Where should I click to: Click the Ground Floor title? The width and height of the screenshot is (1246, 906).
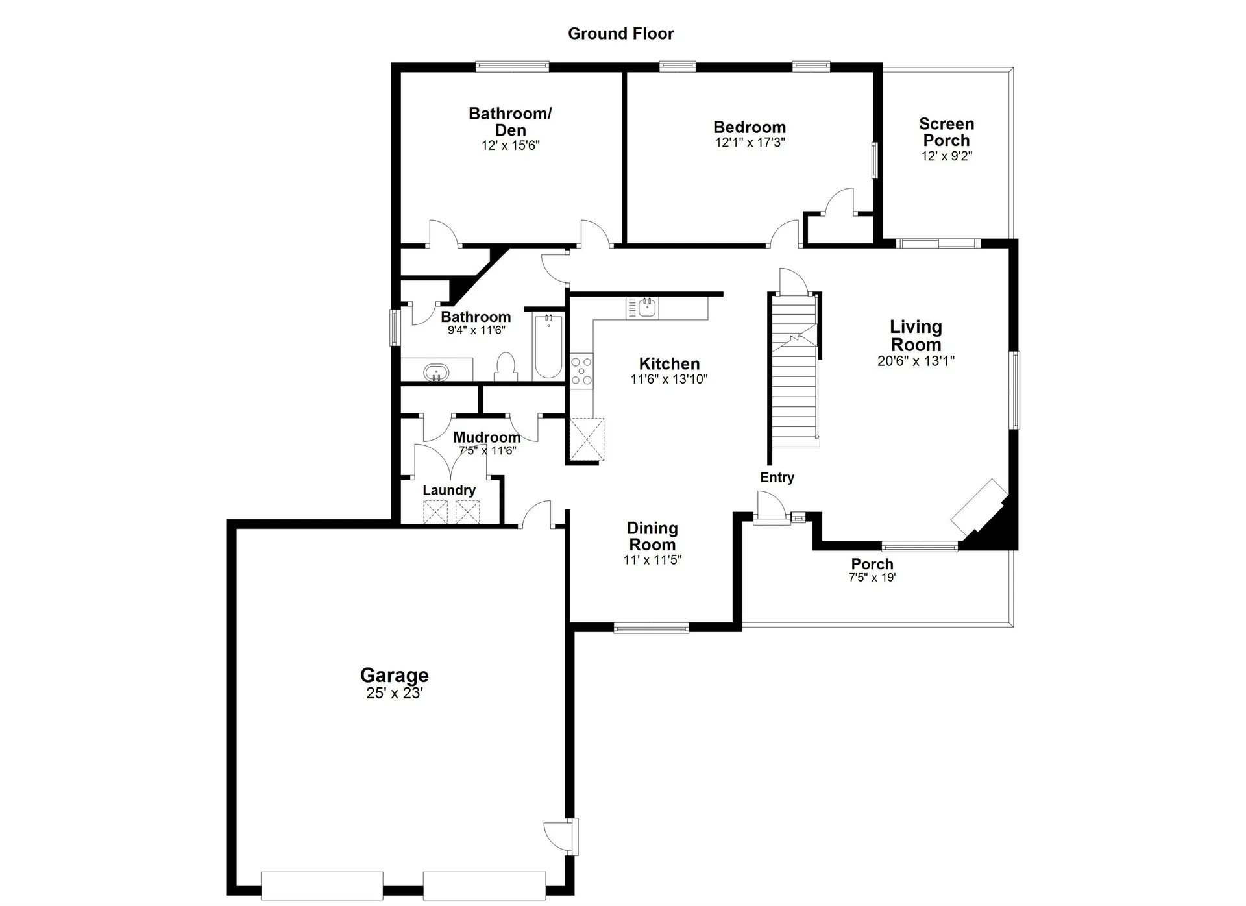[x=620, y=34]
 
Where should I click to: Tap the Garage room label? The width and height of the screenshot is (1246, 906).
[x=394, y=675]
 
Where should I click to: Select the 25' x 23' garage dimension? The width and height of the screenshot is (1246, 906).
[x=394, y=693]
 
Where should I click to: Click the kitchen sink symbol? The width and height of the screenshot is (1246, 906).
[x=645, y=308]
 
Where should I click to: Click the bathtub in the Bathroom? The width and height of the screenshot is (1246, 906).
[x=548, y=346]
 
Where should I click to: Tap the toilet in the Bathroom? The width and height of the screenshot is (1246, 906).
[x=505, y=367]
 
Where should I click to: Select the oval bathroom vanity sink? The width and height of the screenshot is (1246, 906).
[x=436, y=373]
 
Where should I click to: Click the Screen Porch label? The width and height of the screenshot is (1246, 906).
[x=946, y=132]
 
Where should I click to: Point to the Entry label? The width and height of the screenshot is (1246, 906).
[x=777, y=478]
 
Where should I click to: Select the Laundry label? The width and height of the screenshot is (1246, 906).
[x=448, y=491]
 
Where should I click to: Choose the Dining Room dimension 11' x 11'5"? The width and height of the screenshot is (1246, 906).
[x=652, y=560]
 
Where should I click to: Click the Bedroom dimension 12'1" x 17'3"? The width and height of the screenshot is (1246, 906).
[x=750, y=143]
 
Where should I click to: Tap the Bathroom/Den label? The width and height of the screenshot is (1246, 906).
[x=510, y=121]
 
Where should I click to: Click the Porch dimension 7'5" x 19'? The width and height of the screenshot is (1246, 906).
[x=872, y=578]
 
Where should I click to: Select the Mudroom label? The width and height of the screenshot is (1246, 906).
[x=486, y=437]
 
